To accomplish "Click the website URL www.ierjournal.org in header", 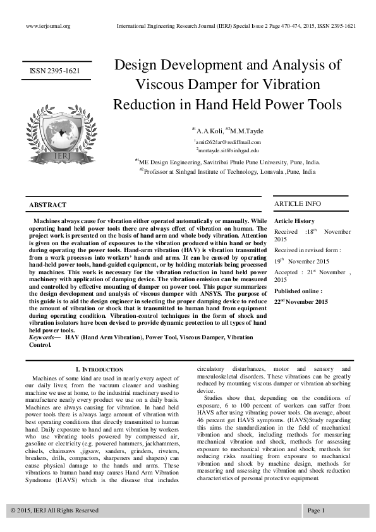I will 47,26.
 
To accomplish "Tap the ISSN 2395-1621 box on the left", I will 55,71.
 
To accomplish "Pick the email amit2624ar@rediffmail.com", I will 227,143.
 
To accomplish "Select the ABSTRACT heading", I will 47,206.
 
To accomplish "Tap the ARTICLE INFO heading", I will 297,204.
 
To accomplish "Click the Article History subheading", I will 294,221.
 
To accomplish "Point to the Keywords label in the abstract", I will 42,338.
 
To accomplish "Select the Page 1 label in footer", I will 315,509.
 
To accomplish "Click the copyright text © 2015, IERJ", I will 55,509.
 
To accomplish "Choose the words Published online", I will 298,291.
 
